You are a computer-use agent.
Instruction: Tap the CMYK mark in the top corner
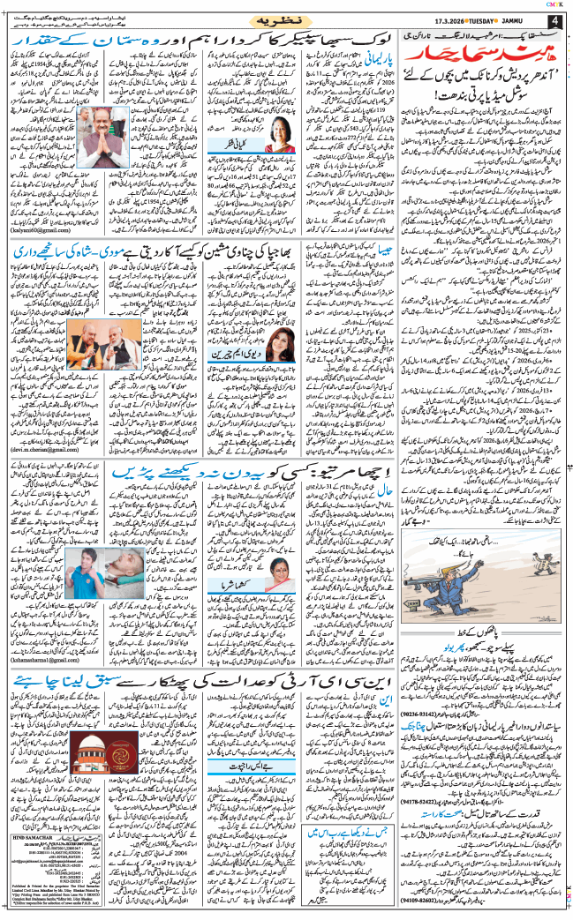click(555, 4)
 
